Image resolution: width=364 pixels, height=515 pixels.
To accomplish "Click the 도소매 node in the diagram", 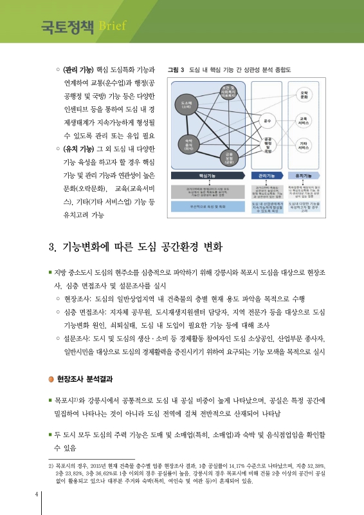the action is (x=187, y=104).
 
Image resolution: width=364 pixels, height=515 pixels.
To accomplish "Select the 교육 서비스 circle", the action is (x=303, y=120).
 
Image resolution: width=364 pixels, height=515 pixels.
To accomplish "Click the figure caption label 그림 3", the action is (x=176, y=69).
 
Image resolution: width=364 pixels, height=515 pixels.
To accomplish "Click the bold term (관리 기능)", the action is (x=77, y=69).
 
